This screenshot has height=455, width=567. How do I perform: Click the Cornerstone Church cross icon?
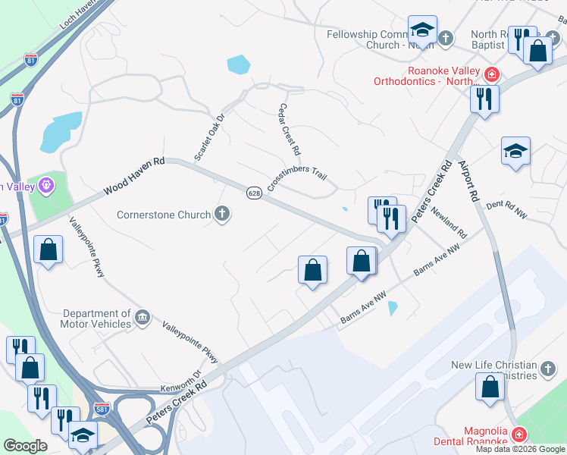click(222, 215)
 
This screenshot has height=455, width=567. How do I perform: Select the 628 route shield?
click(254, 193)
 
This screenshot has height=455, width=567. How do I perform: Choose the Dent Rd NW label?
click(505, 209)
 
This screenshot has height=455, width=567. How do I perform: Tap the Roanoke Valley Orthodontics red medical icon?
click(491, 74)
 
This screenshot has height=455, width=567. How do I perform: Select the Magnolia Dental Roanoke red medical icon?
click(518, 435)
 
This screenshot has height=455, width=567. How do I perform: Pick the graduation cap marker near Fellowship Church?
click(421, 30)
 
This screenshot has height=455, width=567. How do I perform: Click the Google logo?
click(25, 445)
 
